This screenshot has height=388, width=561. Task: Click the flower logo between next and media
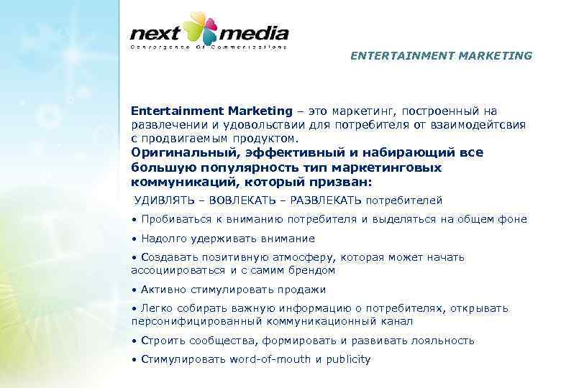201,29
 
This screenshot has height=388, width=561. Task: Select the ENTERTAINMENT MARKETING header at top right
442,55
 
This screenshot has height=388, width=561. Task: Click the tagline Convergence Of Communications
209,47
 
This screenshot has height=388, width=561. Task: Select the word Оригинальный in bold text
175,152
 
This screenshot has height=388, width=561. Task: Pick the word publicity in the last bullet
348,359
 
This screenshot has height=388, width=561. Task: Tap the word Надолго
165,239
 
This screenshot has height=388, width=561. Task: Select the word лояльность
442,341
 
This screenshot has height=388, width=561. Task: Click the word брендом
313,270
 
